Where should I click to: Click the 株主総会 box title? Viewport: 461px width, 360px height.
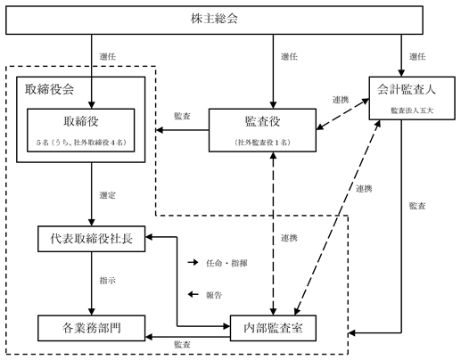click(214, 19)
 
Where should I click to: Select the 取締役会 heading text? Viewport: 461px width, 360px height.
click(49, 89)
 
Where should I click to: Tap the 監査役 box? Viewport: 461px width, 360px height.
click(262, 130)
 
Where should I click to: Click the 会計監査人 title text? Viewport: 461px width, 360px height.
click(407, 89)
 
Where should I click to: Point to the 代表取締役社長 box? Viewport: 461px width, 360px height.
click(92, 239)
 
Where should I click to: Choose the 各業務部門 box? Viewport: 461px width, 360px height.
click(92, 328)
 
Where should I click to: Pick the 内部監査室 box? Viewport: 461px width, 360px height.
click(273, 328)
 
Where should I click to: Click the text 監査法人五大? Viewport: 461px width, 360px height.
click(412, 110)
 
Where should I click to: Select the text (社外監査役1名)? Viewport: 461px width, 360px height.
click(262, 143)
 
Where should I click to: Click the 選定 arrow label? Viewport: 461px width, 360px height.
click(108, 195)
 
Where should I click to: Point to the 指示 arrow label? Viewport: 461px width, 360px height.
click(108, 281)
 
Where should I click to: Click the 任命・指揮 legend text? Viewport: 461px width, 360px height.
click(226, 263)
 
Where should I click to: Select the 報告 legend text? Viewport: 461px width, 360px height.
click(214, 295)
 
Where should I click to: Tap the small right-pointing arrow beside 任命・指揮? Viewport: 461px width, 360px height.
click(193, 262)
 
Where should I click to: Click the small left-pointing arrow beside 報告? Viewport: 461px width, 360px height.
click(193, 294)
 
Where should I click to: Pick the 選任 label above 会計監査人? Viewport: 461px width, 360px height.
click(417, 56)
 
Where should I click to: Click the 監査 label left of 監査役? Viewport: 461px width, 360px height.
click(182, 116)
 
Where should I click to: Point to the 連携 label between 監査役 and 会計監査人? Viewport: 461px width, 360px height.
click(341, 100)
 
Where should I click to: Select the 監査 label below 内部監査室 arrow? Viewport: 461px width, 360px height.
click(182, 345)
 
